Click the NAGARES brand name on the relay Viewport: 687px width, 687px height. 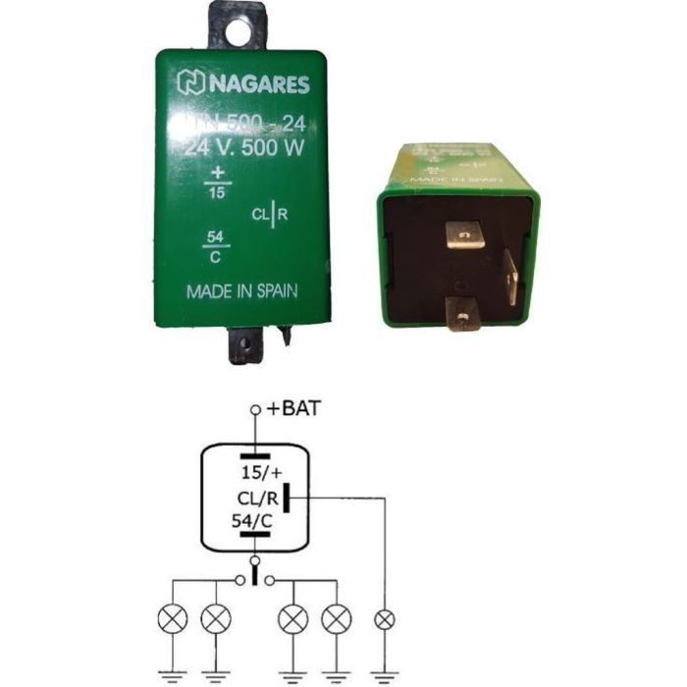tap(257, 84)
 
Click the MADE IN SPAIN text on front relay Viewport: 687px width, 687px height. tap(242, 291)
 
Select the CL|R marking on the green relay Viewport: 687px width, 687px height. tap(269, 213)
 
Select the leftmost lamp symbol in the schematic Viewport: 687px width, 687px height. tap(173, 619)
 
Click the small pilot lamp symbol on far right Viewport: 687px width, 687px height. tap(384, 620)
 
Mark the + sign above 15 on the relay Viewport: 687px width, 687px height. tap(216, 175)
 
